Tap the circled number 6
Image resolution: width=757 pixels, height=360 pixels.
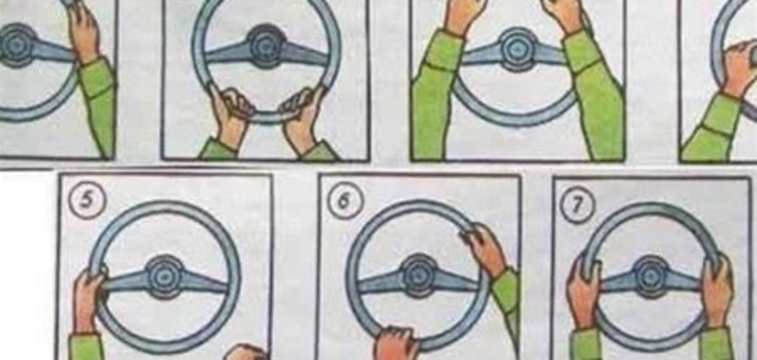343,202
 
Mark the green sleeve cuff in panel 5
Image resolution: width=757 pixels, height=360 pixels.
86,347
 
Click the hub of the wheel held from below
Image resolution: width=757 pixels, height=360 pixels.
267,46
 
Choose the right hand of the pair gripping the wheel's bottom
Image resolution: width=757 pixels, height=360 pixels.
302,117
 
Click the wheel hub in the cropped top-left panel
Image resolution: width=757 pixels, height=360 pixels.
16,45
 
